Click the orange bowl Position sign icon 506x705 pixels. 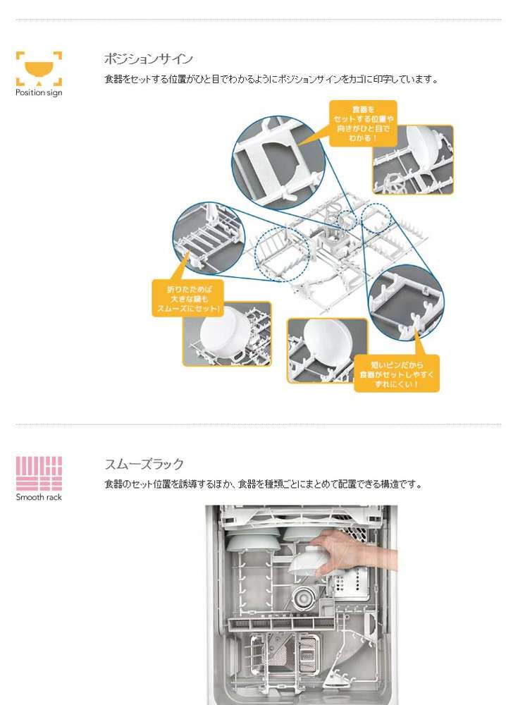point(39,68)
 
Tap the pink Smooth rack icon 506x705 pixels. point(39,474)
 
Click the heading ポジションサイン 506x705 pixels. point(148,59)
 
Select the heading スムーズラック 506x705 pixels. point(144,464)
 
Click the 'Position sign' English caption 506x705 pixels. point(39,92)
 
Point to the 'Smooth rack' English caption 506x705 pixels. point(39,497)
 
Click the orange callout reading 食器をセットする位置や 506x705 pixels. point(363,123)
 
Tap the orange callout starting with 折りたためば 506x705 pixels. point(188,298)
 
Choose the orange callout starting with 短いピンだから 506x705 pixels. point(396,374)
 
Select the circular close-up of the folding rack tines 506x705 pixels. point(209,238)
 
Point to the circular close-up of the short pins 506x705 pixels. point(406,302)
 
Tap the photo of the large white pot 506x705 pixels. point(227,333)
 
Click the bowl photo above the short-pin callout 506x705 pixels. point(328,350)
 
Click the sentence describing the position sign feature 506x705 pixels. point(271,80)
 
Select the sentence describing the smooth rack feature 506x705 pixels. point(264,485)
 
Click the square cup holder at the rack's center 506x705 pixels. point(335,243)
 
